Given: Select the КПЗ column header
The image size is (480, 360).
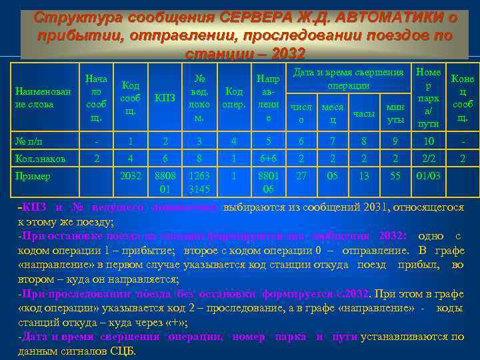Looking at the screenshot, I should (x=165, y=98).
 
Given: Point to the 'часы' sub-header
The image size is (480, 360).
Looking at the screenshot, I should (x=363, y=113).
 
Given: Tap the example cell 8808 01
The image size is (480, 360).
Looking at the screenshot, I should (x=165, y=183).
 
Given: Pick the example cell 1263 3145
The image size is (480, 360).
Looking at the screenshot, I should (x=200, y=183).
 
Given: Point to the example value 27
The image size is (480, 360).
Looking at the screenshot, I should (x=301, y=177).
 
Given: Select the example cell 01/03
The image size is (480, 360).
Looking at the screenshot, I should (x=427, y=177).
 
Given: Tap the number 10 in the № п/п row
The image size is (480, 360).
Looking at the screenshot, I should (x=427, y=141).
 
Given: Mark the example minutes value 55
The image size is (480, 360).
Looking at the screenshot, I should (x=395, y=177).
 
